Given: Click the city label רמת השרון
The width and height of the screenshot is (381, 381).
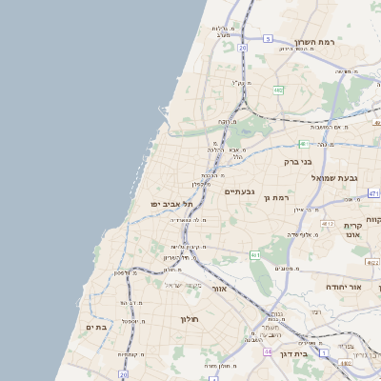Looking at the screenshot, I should (x=317, y=43).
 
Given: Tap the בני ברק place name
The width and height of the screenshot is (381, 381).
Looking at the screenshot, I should (x=299, y=162).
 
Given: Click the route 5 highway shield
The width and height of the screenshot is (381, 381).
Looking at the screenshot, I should (x=269, y=39).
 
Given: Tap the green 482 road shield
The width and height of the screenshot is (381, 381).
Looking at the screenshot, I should (x=277, y=90).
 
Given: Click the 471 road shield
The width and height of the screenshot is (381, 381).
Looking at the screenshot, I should (x=373, y=193).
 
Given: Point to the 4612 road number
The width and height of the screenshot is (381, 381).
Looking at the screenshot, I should (x=326, y=223).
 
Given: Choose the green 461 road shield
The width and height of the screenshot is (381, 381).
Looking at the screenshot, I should (x=255, y=255).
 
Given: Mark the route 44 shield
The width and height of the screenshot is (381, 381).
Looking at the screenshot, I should (x=268, y=351).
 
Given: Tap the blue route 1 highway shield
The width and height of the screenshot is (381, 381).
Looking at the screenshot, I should (x=323, y=352).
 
